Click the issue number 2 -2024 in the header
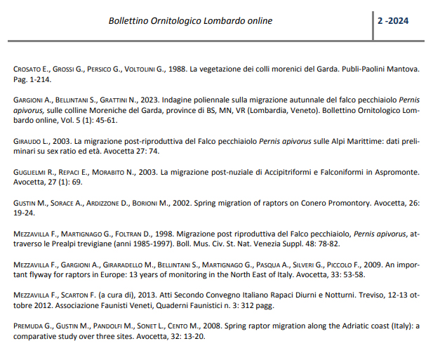[x=393, y=21]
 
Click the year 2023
[x=150, y=100]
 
